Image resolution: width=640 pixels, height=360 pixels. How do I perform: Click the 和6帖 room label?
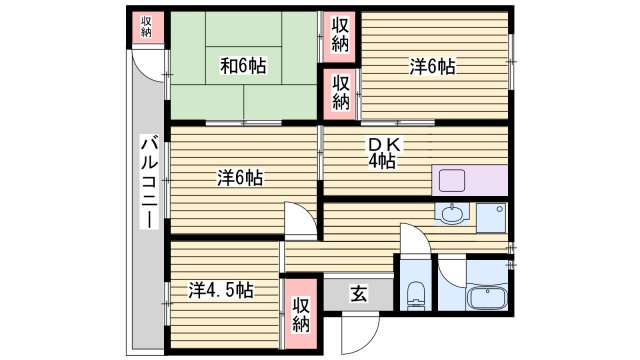243,67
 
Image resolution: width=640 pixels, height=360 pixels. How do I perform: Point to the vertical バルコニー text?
148,180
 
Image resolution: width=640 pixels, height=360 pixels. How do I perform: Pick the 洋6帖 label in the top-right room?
433,67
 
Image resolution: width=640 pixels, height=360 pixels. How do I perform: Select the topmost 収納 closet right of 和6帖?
341,34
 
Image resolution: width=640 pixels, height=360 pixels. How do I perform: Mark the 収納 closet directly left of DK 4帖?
341,93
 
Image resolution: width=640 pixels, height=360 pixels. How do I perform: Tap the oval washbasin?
452,214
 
